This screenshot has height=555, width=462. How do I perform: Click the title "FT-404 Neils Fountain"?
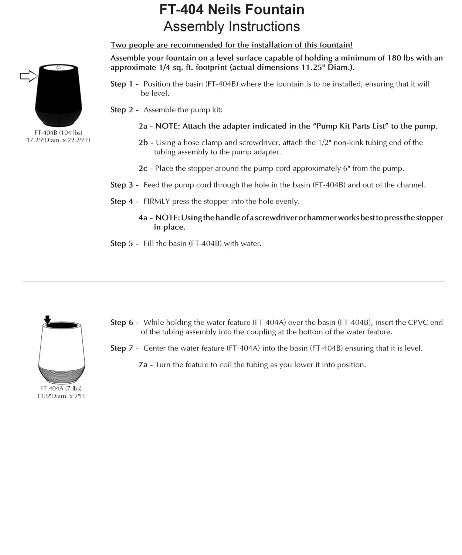click(x=232, y=10)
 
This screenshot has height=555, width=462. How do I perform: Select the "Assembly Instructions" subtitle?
click(x=232, y=27)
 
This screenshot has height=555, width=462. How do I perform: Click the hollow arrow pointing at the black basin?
click(x=28, y=77)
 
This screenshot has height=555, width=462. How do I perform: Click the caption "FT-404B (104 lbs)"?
click(x=58, y=132)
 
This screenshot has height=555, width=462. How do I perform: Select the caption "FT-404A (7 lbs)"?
click(x=61, y=388)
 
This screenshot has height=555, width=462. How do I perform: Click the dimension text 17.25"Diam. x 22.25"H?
click(x=58, y=140)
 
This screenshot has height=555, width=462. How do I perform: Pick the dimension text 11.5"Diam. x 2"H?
click(x=61, y=396)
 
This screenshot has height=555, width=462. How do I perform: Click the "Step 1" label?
click(x=122, y=84)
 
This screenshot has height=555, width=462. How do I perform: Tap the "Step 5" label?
click(x=122, y=243)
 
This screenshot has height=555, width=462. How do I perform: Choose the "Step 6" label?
click(x=122, y=322)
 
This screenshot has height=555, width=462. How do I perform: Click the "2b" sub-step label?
click(x=143, y=142)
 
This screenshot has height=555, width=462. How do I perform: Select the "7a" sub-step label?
click(x=143, y=364)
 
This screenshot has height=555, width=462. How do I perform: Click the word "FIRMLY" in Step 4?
click(x=156, y=201)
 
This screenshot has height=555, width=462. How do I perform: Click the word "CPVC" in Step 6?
click(x=418, y=322)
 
